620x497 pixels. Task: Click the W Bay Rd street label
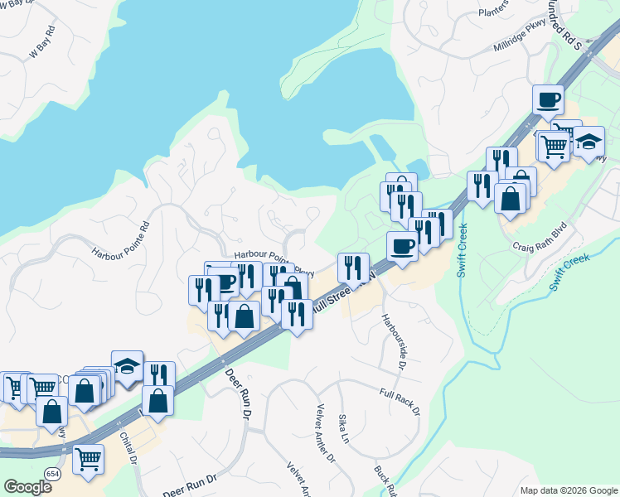(x=42, y=42)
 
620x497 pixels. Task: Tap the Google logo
(x=27, y=486)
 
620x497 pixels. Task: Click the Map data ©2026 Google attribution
(x=568, y=490)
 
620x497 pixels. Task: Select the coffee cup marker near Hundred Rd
(x=548, y=101)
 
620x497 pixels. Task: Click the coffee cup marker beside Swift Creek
(x=403, y=247)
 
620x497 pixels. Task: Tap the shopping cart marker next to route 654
(x=88, y=459)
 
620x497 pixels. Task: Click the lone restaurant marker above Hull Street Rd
(x=353, y=268)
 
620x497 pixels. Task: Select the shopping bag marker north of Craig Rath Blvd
(x=510, y=198)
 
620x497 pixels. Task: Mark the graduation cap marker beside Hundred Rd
(x=589, y=142)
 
